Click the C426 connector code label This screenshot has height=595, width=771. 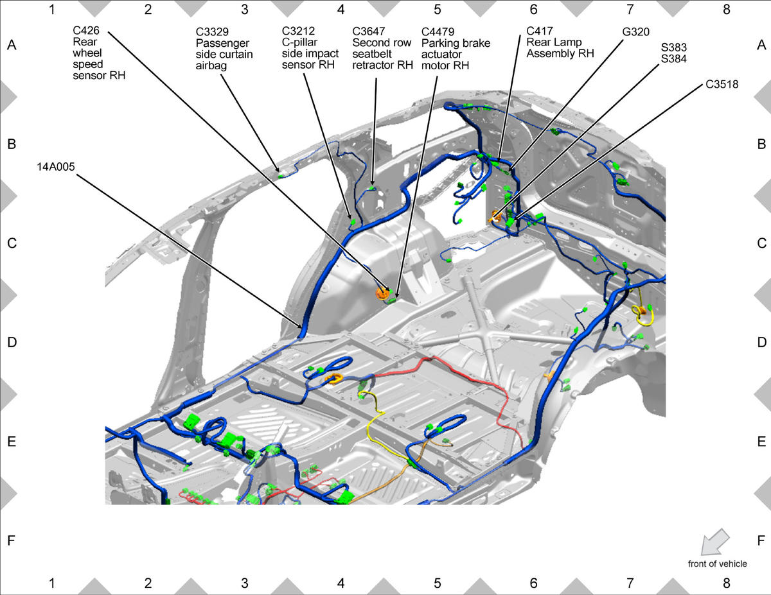point(86,31)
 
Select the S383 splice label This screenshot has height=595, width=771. point(674,47)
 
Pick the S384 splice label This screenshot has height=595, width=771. point(674,59)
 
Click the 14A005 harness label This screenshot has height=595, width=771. point(56,167)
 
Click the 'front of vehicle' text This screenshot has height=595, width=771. point(717,564)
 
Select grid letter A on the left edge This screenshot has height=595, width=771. point(11,45)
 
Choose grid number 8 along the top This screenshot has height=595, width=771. point(727,10)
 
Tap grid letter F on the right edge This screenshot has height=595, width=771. point(761,540)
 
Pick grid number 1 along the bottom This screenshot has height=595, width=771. point(51,583)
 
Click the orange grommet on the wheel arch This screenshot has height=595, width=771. point(383,293)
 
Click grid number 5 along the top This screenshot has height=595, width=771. point(438,10)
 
